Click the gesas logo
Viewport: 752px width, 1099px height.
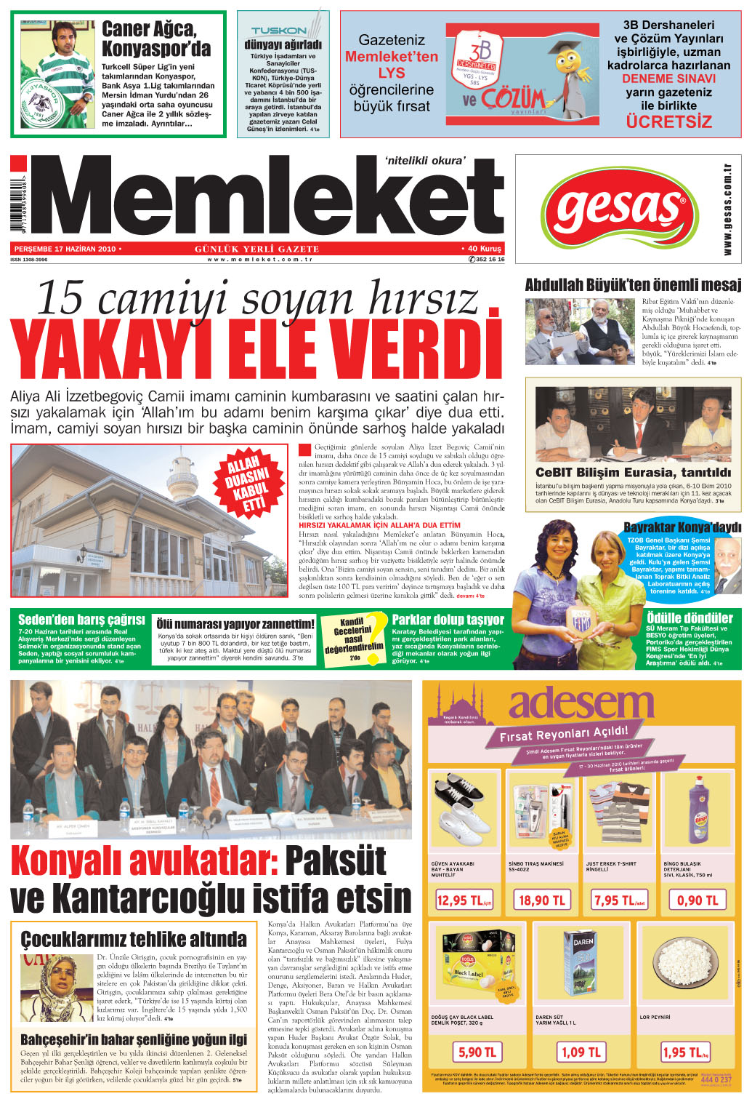618,209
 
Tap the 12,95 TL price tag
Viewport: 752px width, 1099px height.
464,900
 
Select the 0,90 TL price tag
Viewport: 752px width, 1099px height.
697,900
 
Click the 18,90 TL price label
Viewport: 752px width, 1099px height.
541,900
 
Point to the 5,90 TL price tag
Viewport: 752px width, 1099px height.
477,1052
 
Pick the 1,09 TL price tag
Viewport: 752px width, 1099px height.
582,1052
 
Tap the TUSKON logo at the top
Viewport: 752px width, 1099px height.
279,31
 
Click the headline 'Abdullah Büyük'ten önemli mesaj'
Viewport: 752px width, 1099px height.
633,285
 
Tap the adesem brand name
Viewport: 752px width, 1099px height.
581,704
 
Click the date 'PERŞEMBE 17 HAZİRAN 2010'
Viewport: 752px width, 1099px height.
65,249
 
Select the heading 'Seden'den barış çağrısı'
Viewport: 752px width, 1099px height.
81,620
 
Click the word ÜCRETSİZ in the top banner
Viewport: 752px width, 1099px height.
668,121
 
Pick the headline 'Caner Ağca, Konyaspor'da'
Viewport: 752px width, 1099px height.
156,39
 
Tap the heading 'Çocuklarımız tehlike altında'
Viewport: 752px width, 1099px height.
134,938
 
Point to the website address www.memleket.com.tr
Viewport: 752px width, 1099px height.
259,260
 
